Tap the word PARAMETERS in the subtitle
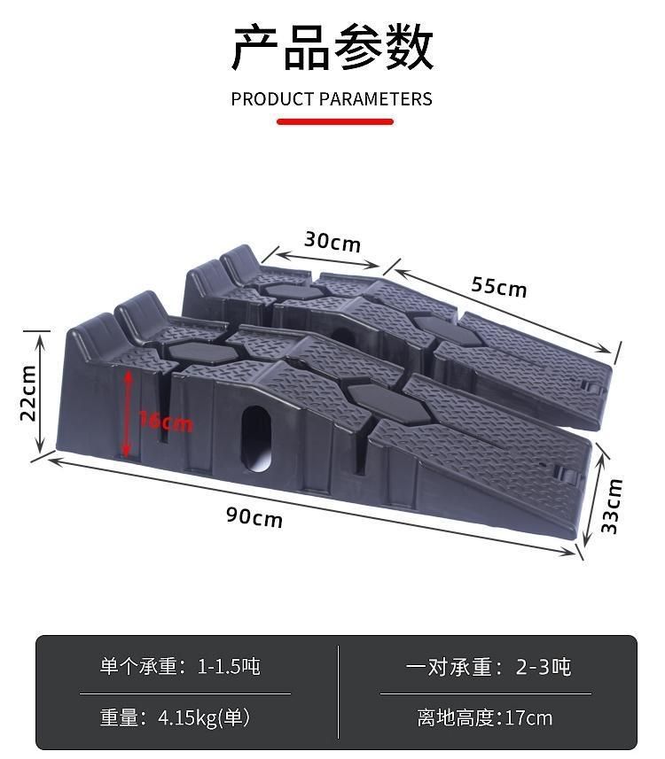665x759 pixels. (x=375, y=99)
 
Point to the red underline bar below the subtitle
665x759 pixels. (x=334, y=121)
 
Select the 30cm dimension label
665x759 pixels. (x=332, y=240)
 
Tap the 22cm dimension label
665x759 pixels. (x=28, y=392)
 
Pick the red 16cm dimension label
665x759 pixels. (x=167, y=422)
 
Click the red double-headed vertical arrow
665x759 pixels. (x=129, y=413)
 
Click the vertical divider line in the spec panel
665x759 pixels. (x=339, y=691)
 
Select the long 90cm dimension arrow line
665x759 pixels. (x=310, y=506)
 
